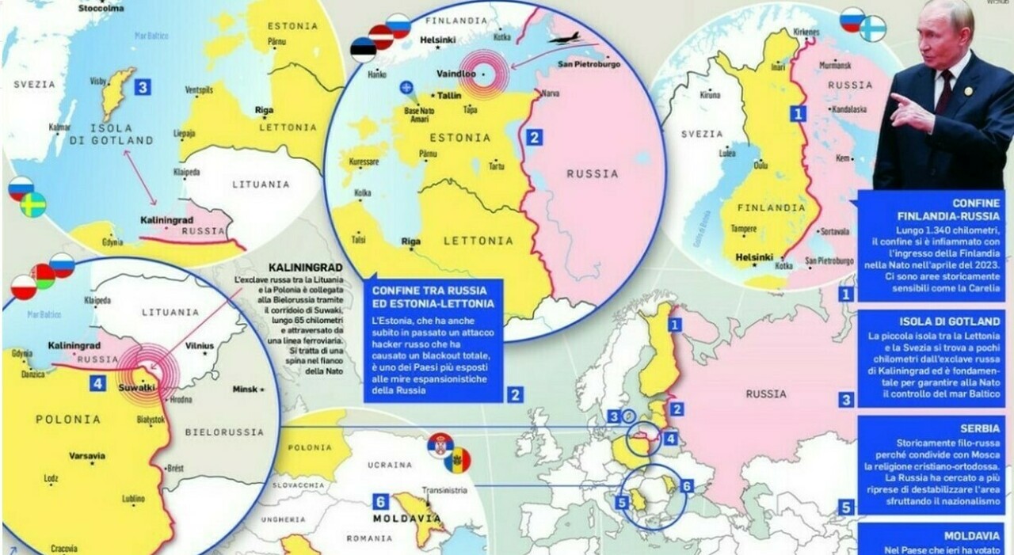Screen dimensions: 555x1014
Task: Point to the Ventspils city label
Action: tap(199, 90)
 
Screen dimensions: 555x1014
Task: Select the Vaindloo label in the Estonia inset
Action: tap(456, 73)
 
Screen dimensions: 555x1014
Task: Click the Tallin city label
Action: tap(450, 95)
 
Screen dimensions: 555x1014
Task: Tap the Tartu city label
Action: tap(497, 166)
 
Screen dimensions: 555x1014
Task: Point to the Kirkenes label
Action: tap(806, 32)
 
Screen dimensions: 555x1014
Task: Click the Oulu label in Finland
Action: tap(760, 165)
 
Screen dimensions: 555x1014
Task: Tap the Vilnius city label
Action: tap(199, 346)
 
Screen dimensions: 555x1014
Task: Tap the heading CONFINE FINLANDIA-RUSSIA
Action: tap(950, 209)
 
